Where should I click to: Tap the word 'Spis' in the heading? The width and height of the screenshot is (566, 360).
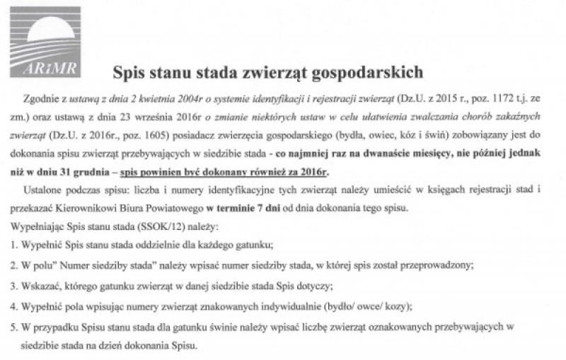coord(129,71)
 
